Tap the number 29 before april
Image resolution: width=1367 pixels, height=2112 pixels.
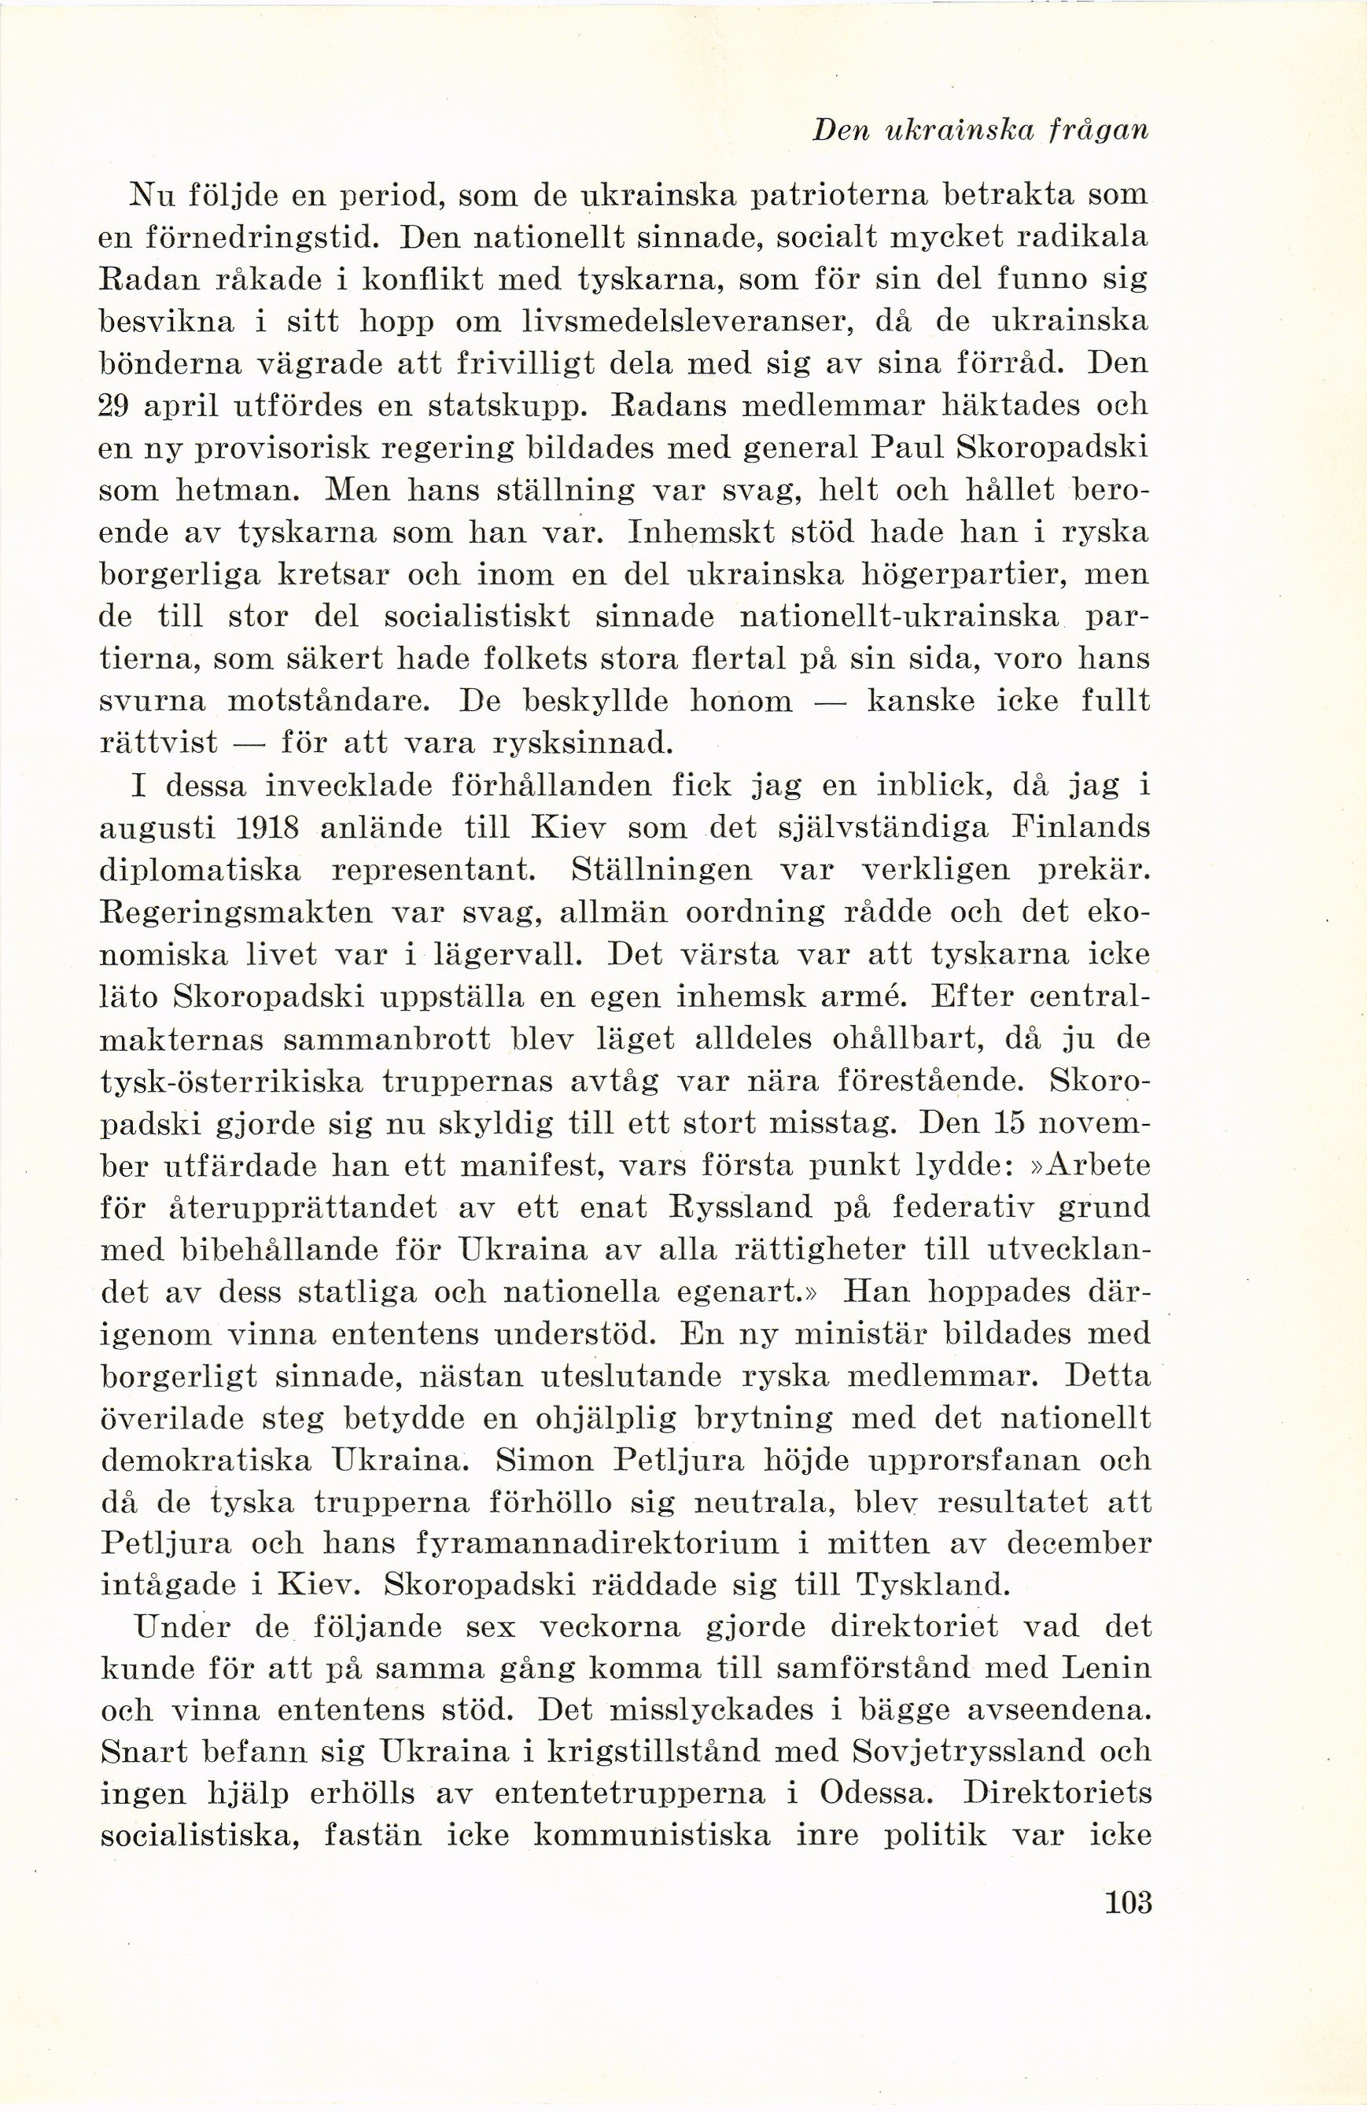tap(117, 407)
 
